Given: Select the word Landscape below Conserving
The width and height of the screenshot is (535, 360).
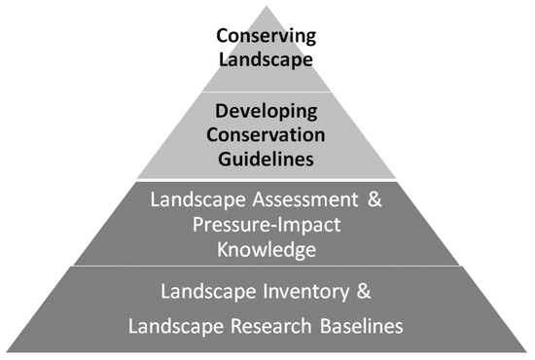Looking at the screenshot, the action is click(x=267, y=58).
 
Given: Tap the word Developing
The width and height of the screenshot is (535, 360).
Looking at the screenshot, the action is click(x=267, y=113).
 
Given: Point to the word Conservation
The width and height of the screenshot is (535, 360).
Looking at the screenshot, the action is click(x=267, y=133).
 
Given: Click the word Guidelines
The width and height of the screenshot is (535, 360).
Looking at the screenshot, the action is click(x=267, y=154).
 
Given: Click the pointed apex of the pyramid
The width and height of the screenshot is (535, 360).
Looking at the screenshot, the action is click(x=267, y=6).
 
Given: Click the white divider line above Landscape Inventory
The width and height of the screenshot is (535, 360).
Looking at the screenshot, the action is click(x=267, y=264).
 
